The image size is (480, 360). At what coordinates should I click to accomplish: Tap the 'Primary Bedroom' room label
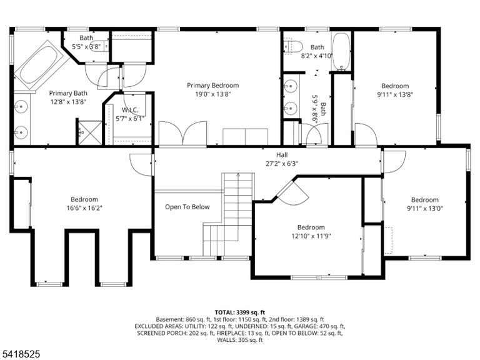click(x=212, y=86)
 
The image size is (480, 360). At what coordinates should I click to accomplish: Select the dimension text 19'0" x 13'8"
click(x=212, y=94)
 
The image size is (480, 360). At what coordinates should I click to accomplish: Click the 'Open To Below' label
click(x=187, y=207)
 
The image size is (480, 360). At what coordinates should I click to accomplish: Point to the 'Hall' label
click(x=282, y=155)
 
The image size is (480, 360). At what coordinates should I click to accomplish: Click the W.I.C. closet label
click(x=130, y=110)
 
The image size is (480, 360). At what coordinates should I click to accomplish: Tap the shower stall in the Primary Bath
click(x=90, y=133)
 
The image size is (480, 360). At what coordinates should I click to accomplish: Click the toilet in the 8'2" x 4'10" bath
click(x=293, y=46)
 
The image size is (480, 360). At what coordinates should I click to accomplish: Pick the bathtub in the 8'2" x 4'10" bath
click(x=341, y=51)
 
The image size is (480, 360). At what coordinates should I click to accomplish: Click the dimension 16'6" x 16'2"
click(x=84, y=208)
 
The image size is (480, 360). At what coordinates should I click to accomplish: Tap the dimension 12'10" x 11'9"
click(x=311, y=236)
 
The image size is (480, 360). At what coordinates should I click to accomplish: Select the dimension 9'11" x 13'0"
click(x=425, y=209)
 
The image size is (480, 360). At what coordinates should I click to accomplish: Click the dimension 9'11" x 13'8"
click(x=395, y=94)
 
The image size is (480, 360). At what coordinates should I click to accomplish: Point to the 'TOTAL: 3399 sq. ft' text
click(x=240, y=312)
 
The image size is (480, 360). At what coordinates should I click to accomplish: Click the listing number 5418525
click(x=20, y=354)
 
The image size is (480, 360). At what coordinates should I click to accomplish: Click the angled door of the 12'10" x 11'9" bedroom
click(x=292, y=192)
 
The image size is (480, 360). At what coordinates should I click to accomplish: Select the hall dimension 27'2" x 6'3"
click(x=282, y=164)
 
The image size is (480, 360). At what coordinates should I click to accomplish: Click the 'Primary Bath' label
click(x=68, y=93)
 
